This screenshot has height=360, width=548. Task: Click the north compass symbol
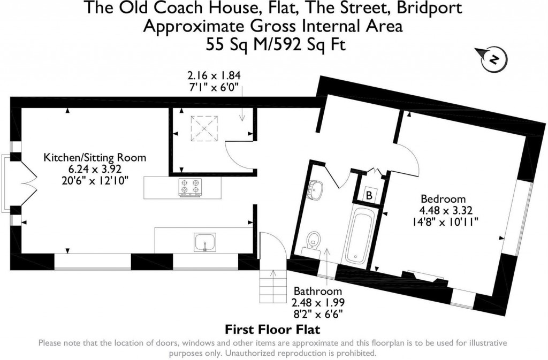pos(493,58)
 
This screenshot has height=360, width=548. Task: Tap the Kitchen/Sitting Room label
pos(94,158)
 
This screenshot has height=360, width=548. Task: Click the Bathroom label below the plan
pos(317,292)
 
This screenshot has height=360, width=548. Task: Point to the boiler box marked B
pos(369,195)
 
